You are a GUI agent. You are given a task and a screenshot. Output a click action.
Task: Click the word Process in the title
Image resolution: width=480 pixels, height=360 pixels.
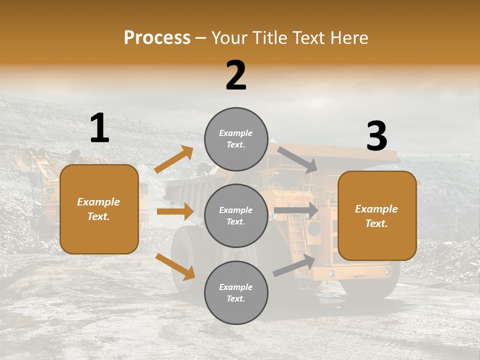pyautogui.click(x=157, y=37)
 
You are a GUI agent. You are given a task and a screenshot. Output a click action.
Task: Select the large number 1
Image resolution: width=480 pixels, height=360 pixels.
pyautogui.click(x=99, y=128)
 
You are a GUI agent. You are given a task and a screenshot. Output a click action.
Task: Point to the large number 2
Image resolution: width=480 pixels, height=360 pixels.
pyautogui.click(x=236, y=75)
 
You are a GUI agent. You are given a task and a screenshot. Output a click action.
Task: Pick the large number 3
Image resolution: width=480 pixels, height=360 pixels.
pyautogui.click(x=376, y=136)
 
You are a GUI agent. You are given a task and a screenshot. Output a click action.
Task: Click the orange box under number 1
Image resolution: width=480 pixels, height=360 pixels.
pyautogui.click(x=99, y=209)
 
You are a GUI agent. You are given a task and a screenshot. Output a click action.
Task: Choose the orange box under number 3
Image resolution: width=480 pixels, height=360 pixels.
pyautogui.click(x=377, y=216)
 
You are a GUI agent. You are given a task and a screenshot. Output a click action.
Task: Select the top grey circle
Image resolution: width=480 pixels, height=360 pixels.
pyautogui.click(x=236, y=139)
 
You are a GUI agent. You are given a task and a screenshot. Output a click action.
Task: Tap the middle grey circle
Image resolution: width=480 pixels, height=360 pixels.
pyautogui.click(x=236, y=215)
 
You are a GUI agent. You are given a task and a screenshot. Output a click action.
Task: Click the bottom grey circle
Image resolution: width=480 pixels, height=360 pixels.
pyautogui.click(x=236, y=292)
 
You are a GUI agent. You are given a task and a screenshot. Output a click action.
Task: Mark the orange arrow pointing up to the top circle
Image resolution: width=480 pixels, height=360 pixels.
pyautogui.click(x=174, y=159)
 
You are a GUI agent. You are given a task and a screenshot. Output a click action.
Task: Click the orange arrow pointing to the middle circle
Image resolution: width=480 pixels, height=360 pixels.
pyautogui.click(x=175, y=211)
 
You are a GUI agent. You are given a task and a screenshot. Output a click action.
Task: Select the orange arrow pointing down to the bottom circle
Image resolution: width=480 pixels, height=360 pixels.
pyautogui.click(x=175, y=266)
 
